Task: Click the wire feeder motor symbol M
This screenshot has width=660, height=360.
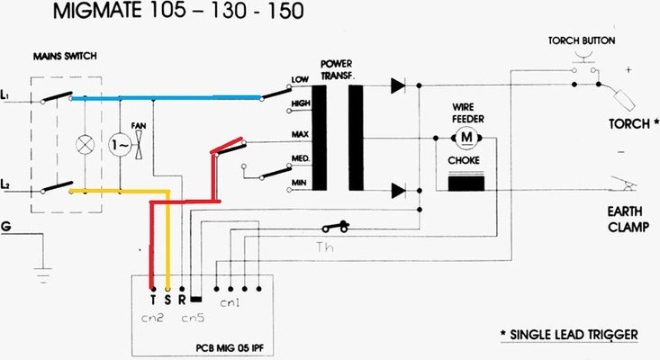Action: pyautogui.click(x=466, y=137)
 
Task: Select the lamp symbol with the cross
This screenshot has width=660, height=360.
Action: pyautogui.click(x=86, y=143)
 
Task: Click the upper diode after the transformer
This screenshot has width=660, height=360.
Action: pyautogui.click(x=397, y=86)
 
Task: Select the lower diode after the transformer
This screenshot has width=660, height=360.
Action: pyautogui.click(x=397, y=190)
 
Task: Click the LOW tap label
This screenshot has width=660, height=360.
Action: pyautogui.click(x=301, y=81)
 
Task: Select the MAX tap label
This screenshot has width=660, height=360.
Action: pyautogui.click(x=301, y=133)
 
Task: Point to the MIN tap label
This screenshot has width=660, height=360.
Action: pyautogui.click(x=301, y=183)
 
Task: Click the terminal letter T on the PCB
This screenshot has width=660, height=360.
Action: pyautogui.click(x=153, y=297)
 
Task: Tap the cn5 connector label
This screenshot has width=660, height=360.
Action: pyautogui.click(x=194, y=318)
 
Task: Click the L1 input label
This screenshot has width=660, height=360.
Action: pyautogui.click(x=8, y=94)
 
